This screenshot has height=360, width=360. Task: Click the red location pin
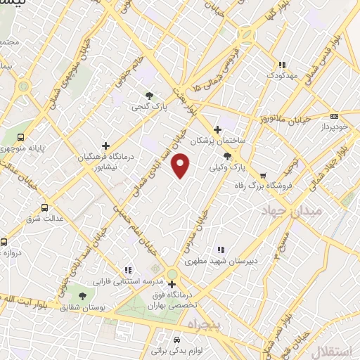(181, 166)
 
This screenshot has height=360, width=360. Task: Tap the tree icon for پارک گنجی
(148, 96)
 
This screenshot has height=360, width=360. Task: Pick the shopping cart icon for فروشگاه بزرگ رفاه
(263, 175)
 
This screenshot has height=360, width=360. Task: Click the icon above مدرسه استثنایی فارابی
(128, 270)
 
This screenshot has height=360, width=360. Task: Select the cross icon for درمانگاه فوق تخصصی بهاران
(172, 284)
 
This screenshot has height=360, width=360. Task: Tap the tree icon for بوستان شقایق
(83, 296)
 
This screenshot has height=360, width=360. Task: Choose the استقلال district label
(340, 350)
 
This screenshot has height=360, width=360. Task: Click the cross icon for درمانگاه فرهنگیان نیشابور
(105, 146)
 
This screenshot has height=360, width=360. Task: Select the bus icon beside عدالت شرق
(45, 207)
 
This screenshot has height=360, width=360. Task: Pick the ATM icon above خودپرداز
(334, 116)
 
